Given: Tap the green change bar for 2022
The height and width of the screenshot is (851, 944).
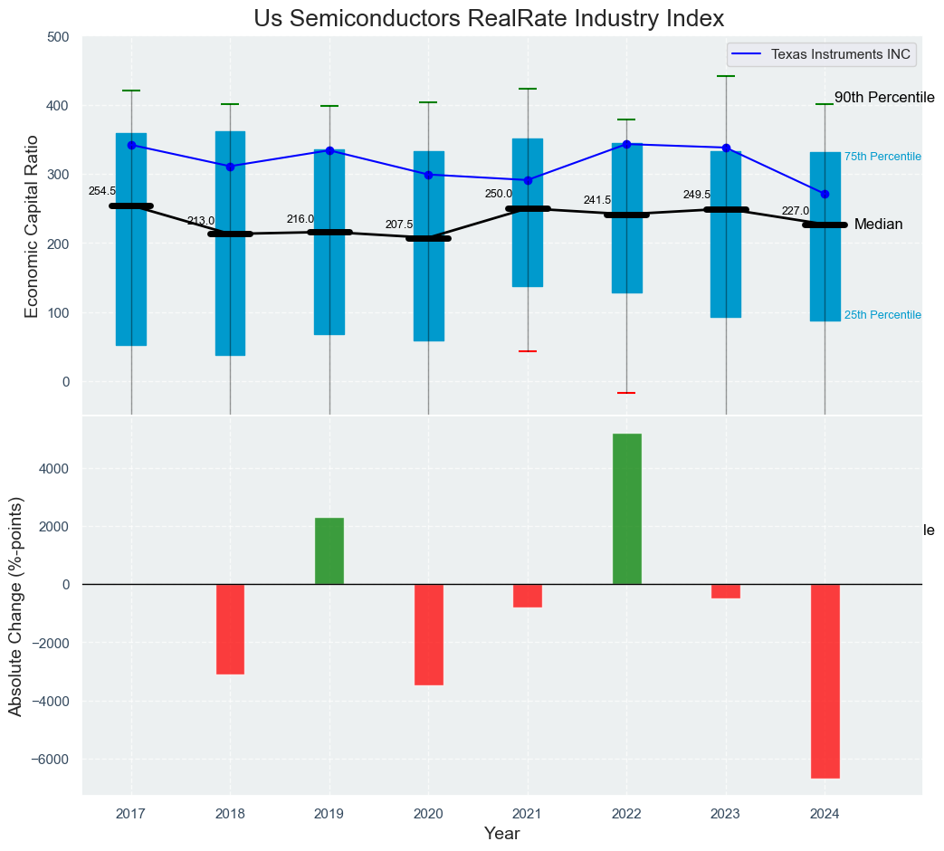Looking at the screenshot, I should click(626, 509).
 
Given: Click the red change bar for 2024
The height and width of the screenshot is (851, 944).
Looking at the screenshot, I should click(825, 681).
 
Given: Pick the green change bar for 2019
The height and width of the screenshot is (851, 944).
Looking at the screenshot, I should click(329, 550).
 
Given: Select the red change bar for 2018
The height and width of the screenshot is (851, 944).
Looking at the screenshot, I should click(230, 629).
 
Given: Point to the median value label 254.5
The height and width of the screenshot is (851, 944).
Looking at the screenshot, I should click(102, 192).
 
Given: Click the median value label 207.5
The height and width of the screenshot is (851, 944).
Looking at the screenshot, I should click(399, 225).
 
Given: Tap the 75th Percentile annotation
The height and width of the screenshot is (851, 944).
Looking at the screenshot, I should click(882, 157).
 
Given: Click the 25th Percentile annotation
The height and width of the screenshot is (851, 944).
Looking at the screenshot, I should click(882, 315).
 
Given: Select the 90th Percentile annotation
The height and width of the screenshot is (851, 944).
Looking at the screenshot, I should click(883, 98).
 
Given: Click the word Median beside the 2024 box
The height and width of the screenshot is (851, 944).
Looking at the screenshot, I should click(878, 225).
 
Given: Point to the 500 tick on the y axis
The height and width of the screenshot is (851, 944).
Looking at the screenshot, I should click(58, 37).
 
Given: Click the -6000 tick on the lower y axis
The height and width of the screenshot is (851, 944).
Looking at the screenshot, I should click(52, 759).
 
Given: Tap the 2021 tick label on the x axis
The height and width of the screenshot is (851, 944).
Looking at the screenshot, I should click(527, 813).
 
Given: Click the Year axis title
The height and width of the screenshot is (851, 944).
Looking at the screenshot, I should click(501, 834).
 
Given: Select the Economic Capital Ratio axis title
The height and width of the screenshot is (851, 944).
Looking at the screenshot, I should click(32, 226).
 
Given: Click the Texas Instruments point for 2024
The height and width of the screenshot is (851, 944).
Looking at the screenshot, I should click(825, 195).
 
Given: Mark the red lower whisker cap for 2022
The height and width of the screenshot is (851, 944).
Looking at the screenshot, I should click(626, 393).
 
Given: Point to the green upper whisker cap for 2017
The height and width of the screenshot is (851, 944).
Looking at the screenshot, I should click(131, 91).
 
